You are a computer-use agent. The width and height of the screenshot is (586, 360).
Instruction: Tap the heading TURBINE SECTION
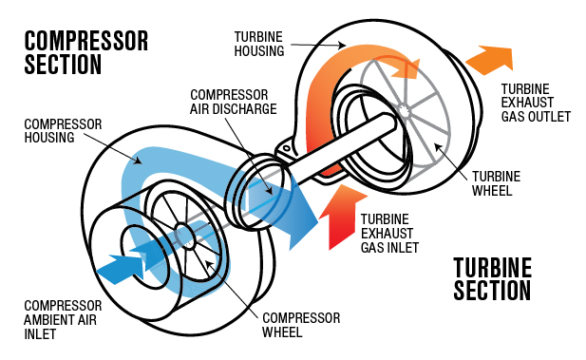click(491, 278)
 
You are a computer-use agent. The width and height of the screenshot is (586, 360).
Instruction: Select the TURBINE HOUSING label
click(259, 43)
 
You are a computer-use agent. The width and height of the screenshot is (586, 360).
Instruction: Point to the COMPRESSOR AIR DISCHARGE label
click(234, 102)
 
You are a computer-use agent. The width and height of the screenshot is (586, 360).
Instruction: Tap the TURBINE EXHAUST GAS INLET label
click(391, 226)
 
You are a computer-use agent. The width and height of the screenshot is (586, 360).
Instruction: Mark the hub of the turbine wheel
click(406, 110)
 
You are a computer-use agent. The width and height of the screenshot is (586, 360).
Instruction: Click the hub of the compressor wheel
click(180, 228)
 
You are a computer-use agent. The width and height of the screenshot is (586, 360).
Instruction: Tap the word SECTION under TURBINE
click(491, 290)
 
